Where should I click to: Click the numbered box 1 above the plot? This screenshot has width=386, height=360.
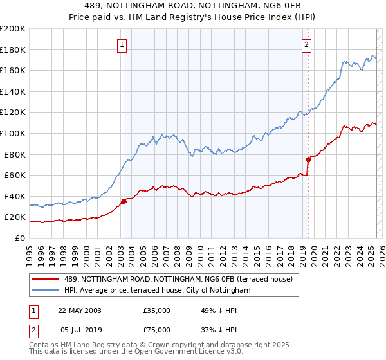point(122,44)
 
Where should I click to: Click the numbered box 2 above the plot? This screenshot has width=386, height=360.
point(306,44)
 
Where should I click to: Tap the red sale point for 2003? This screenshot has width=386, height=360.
point(124,201)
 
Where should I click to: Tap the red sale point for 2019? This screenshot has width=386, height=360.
point(308,159)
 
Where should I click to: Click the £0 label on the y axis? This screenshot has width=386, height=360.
point(19,238)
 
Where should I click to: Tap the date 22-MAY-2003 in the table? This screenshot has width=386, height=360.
point(80,310)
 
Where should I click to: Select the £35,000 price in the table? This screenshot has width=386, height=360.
point(157,310)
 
